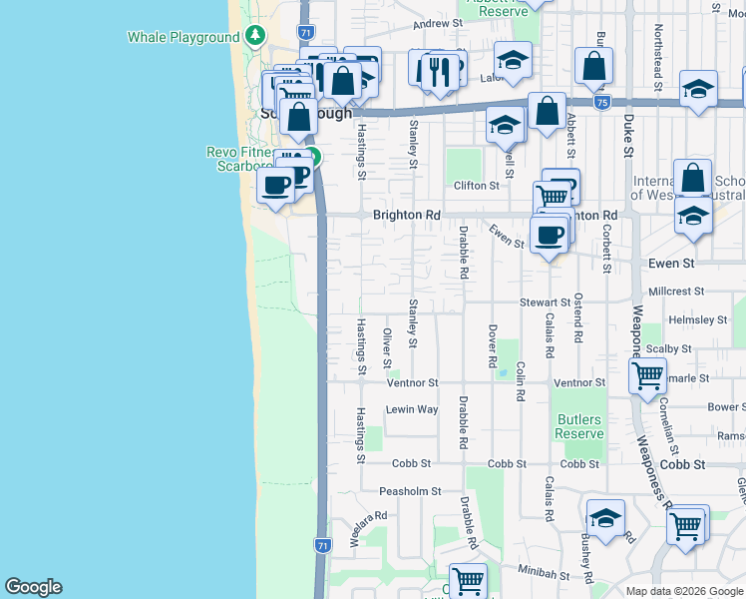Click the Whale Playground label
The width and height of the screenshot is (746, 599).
(184, 37)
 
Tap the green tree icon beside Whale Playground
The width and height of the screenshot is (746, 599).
(255, 36)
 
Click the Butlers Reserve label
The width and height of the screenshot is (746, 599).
(578, 426)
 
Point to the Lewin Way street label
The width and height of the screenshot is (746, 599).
(412, 409)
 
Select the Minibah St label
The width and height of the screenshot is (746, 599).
(544, 576)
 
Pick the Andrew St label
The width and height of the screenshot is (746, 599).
(438, 22)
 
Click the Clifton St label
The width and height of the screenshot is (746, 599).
(477, 186)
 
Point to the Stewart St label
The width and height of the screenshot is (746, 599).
(544, 301)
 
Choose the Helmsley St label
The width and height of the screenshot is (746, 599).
(698, 320)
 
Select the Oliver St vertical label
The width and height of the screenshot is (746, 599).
(387, 348)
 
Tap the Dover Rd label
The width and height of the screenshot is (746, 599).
(492, 346)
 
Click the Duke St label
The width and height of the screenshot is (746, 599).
(628, 135)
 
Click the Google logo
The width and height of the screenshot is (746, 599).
(33, 587)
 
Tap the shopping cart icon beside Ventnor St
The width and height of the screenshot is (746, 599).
(648, 375)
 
